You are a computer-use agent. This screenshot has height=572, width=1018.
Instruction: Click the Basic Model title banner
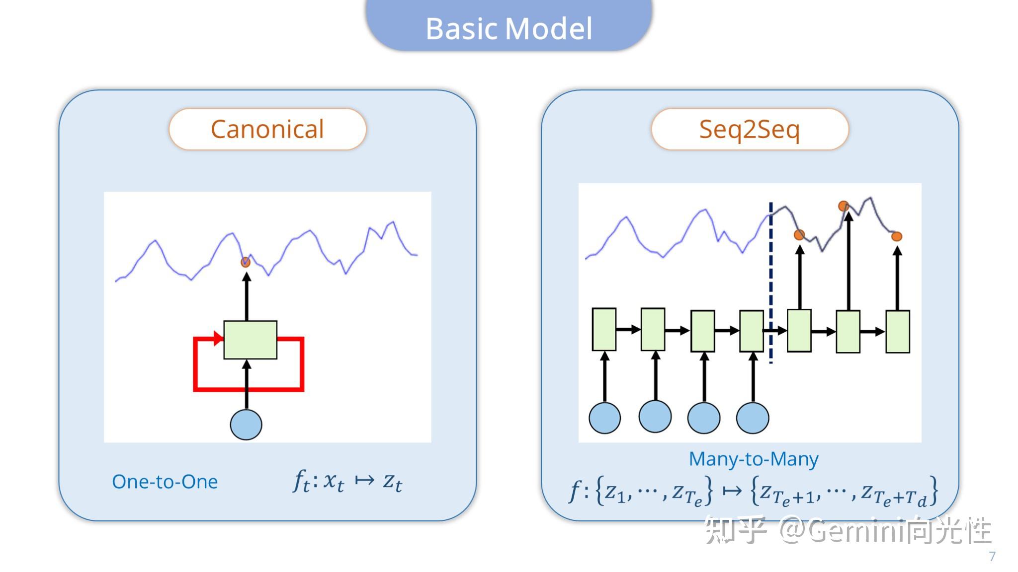pyautogui.click(x=509, y=26)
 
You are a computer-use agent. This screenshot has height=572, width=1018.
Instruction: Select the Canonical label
pyautogui.click(x=267, y=129)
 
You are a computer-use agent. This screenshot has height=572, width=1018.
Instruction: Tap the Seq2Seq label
pyautogui.click(x=750, y=129)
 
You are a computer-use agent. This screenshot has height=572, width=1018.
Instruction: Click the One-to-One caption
pyautogui.click(x=165, y=482)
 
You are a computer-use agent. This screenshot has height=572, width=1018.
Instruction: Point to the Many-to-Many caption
pyautogui.click(x=754, y=459)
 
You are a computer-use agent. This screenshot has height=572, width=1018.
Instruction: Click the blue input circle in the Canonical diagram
pyautogui.click(x=246, y=425)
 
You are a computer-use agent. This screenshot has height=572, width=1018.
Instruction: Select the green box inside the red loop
pyautogui.click(x=251, y=340)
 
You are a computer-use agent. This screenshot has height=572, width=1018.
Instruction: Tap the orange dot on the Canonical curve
pyautogui.click(x=246, y=262)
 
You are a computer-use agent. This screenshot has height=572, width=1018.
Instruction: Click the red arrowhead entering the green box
pyautogui.click(x=218, y=339)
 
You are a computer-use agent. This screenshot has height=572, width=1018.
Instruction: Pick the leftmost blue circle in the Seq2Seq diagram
pyautogui.click(x=604, y=418)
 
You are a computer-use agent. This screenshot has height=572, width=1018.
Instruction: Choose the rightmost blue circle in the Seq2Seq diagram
pyautogui.click(x=753, y=418)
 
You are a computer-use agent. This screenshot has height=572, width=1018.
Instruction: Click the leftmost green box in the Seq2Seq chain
pyautogui.click(x=604, y=330)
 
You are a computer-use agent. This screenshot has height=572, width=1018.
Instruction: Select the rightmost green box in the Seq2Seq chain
pyautogui.click(x=898, y=332)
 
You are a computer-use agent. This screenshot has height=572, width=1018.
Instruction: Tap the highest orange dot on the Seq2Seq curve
pyautogui.click(x=844, y=206)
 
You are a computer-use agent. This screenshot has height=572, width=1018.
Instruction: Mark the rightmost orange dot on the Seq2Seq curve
pyautogui.click(x=897, y=236)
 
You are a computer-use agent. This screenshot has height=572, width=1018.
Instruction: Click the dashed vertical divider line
pyautogui.click(x=771, y=283)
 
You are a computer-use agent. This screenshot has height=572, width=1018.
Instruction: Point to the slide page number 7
pyautogui.click(x=992, y=556)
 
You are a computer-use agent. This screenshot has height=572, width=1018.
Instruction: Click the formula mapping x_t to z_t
pyautogui.click(x=348, y=481)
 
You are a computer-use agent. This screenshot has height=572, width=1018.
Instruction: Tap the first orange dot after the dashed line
pyautogui.click(x=799, y=235)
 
